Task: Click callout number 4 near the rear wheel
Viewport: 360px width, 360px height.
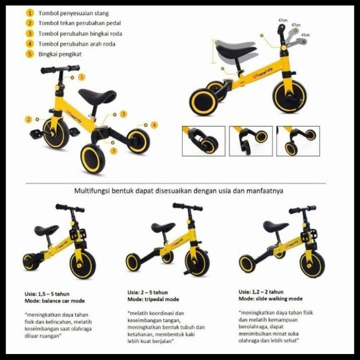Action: pyautogui.click(x=154, y=125)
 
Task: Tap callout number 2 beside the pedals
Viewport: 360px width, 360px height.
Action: pyautogui.click(x=28, y=120)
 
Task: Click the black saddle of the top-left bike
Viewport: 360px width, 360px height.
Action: pyautogui.click(x=97, y=95)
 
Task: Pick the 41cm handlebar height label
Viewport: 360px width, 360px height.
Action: pyautogui.click(x=305, y=35)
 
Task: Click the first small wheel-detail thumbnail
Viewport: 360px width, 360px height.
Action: pyautogui.click(x=203, y=141)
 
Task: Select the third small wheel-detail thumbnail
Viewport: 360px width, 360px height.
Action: pyautogui.click(x=298, y=141)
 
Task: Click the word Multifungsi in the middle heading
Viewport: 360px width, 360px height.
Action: pyautogui.click(x=90, y=190)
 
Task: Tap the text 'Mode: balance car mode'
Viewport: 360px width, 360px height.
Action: pyautogui.click(x=54, y=301)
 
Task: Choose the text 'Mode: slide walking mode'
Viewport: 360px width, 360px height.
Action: pyautogui.click(x=270, y=299)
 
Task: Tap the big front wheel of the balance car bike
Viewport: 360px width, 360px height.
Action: pyautogui.click(x=83, y=264)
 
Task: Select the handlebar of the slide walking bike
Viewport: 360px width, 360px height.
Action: pyautogui.click(x=302, y=209)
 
